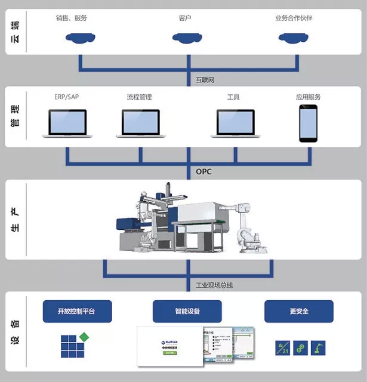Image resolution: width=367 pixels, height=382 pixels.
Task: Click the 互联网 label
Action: point(205,79)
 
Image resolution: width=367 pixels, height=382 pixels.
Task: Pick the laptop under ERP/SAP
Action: point(67,124)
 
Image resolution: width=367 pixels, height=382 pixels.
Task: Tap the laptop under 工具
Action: point(235,124)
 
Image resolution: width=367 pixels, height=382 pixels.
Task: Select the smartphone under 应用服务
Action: point(309,124)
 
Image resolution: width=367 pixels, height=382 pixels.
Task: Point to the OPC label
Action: point(203,172)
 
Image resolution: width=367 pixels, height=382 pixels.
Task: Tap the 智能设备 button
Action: point(187,311)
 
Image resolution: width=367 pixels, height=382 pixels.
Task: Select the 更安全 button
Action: point(298,311)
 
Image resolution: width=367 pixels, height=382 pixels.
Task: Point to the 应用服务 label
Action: point(309,97)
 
